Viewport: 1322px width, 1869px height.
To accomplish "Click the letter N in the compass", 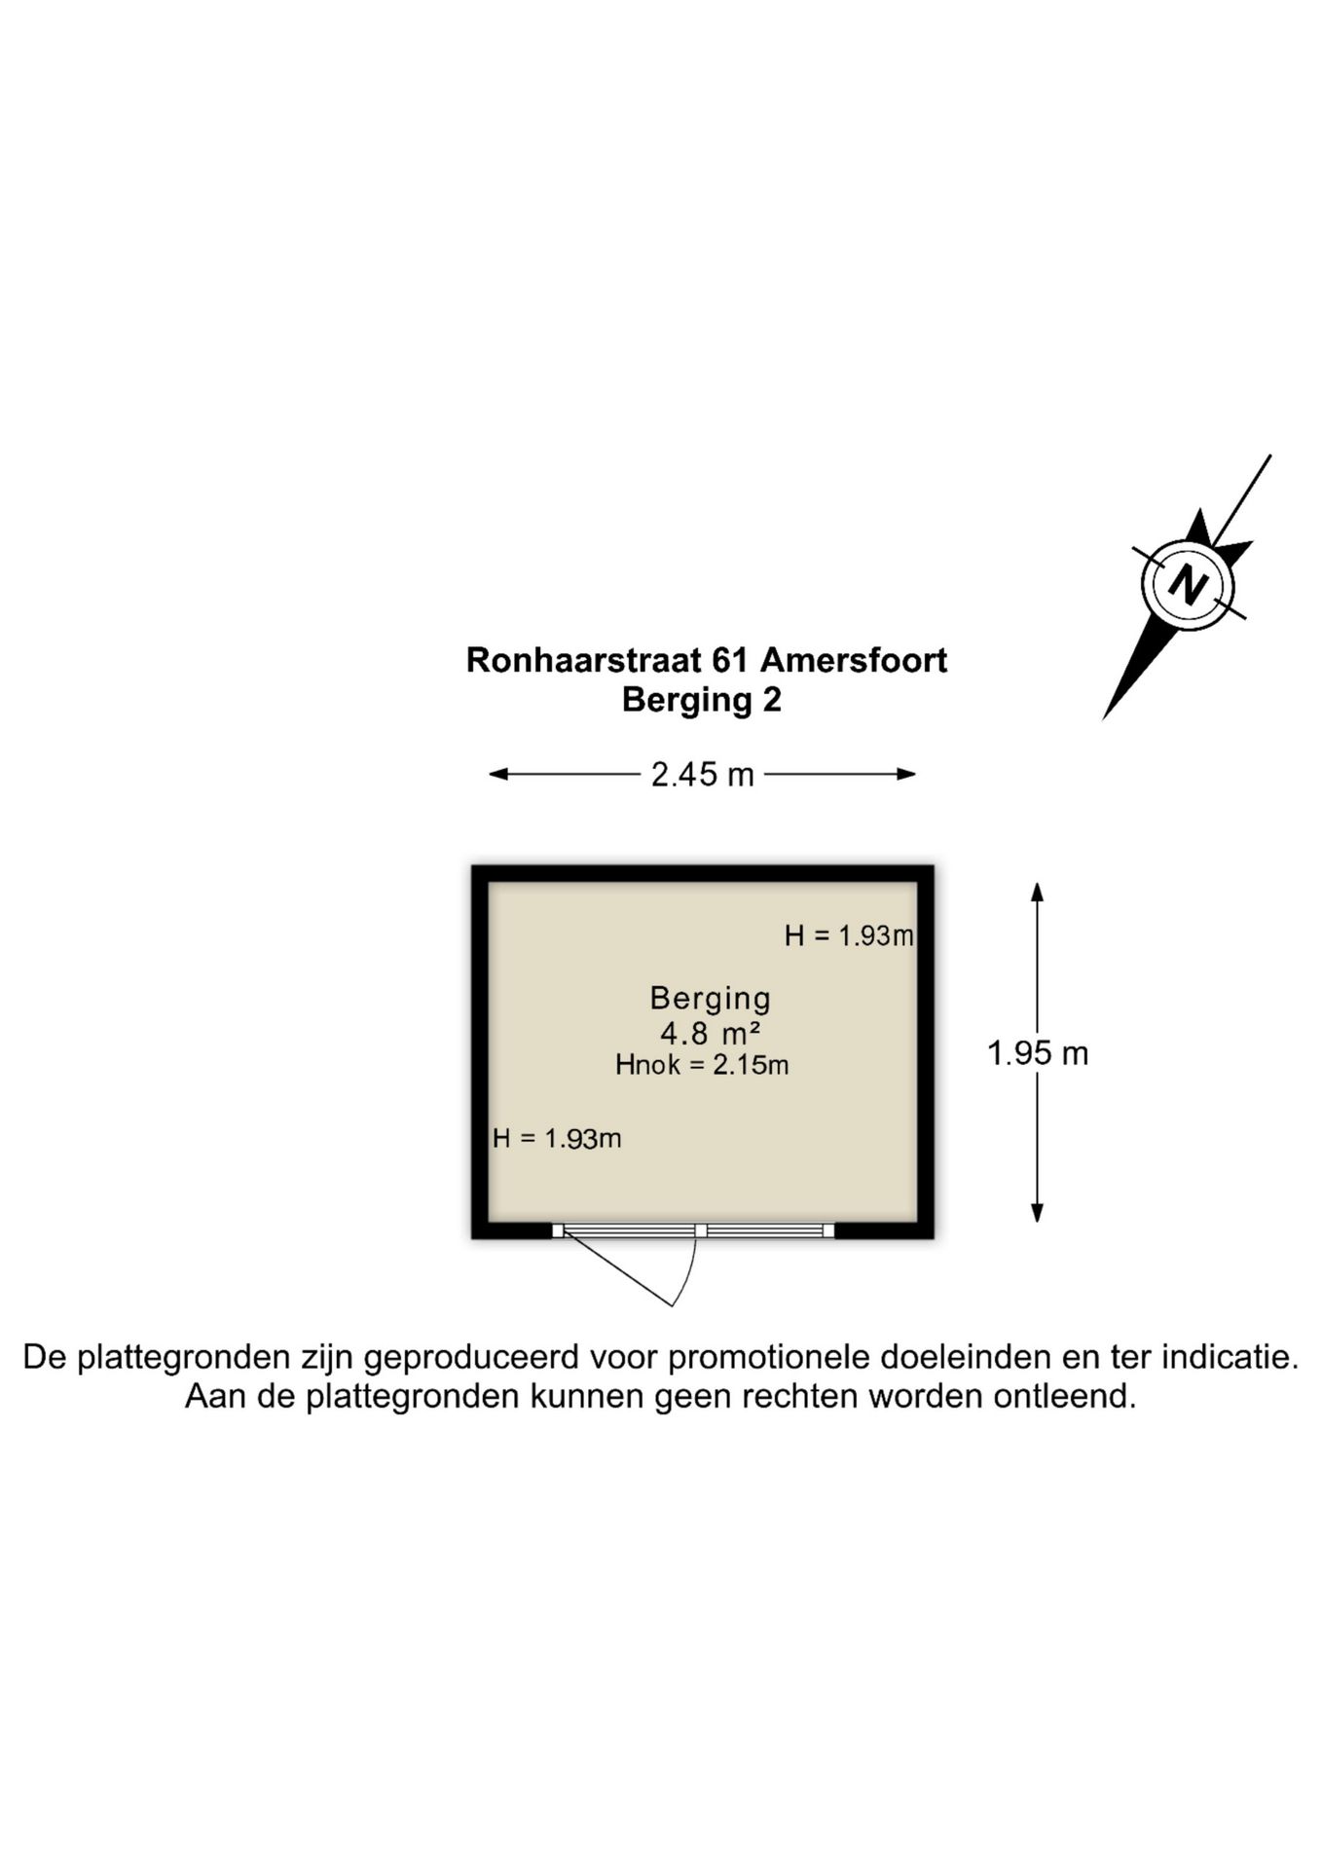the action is point(1188,586).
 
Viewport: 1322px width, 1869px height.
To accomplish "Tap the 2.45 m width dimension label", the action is point(702,775).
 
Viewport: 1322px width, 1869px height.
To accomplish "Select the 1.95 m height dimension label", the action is point(1038,1052).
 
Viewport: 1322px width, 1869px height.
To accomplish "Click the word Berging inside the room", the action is point(710,998).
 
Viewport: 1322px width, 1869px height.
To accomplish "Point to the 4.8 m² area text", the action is point(710,1032).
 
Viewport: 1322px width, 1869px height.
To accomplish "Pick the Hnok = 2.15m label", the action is point(702,1065).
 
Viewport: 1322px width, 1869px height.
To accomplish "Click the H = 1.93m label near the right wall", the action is point(849,935).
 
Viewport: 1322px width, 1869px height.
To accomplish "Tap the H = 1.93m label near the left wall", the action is point(557,1138).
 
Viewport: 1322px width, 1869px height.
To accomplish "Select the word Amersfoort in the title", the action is point(854,660).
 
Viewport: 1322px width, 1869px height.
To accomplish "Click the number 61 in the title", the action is point(731,660).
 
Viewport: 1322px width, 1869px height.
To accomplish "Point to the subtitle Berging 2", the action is point(702,700).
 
